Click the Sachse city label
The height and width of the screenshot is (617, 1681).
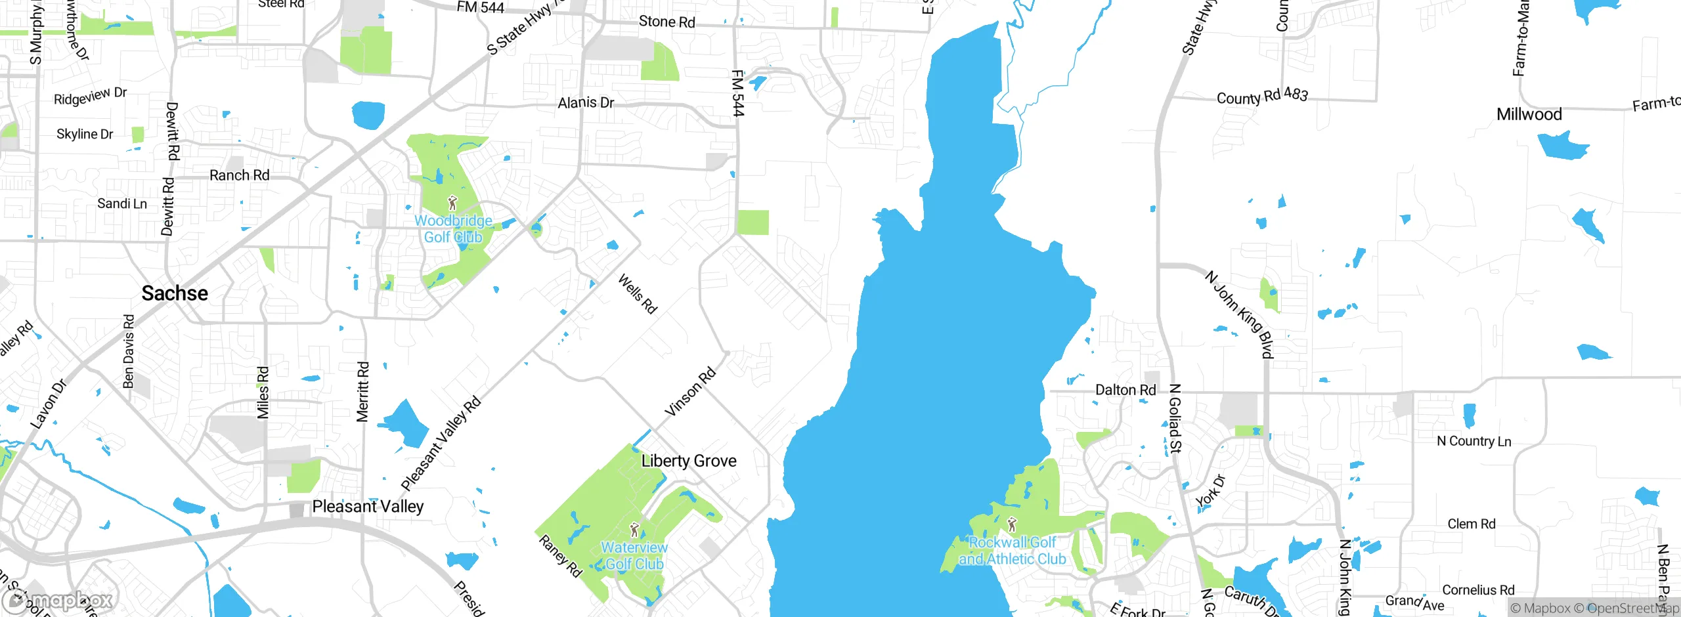coord(175,293)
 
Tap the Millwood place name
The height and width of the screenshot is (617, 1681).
coord(1529,114)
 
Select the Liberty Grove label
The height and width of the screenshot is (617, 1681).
coord(689,461)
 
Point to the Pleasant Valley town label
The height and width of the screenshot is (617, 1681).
coord(368,506)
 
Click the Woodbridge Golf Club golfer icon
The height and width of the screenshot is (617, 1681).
coord(452,203)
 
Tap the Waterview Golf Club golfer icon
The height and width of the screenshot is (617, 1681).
coord(634,530)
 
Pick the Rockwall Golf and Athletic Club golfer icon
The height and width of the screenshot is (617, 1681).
coord(1012,524)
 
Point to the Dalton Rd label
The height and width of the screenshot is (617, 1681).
coord(1125,390)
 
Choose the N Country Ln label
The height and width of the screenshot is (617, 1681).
coord(1474,441)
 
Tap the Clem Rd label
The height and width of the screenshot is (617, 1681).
coord(1472,524)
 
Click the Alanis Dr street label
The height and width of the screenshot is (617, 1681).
coord(586,102)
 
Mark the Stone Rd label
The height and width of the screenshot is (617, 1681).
coord(666,22)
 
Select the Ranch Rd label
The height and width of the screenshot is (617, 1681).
coord(239,175)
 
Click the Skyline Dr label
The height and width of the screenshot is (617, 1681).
coord(85,134)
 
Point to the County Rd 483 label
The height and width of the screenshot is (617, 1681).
coord(1262,96)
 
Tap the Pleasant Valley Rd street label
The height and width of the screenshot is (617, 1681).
coord(441,444)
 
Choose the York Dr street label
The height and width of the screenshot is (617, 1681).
coord(1210,490)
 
